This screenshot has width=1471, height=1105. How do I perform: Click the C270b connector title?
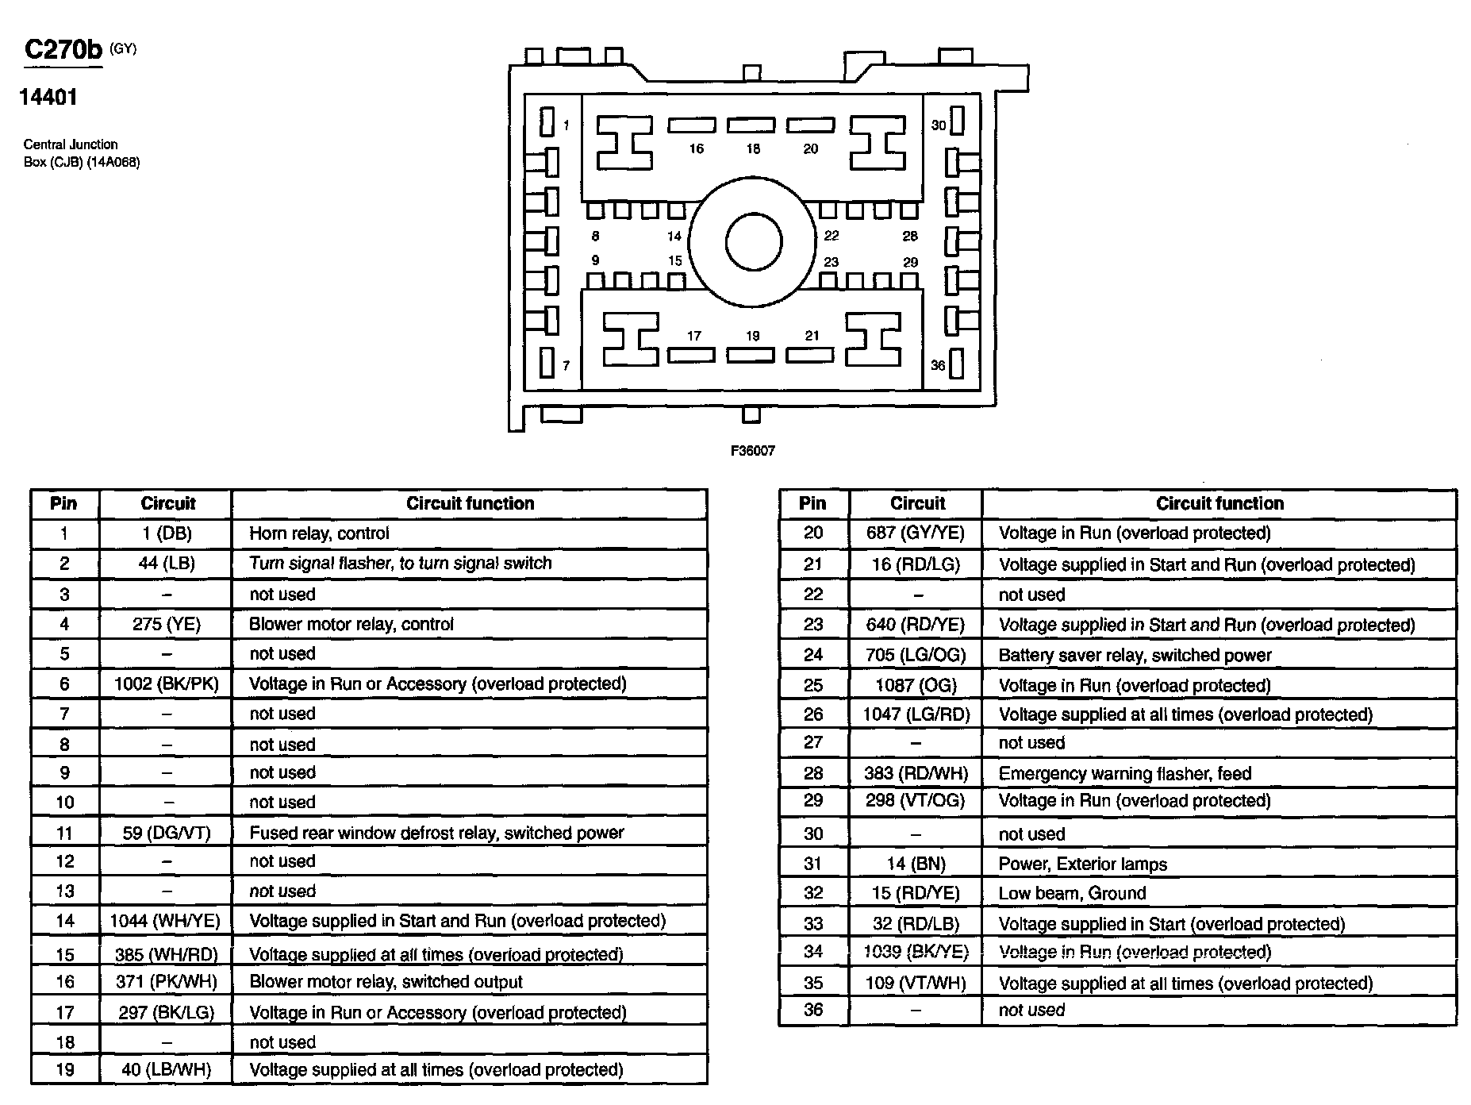click(63, 50)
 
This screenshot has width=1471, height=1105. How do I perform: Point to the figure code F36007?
click(752, 451)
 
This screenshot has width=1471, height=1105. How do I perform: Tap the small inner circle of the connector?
click(753, 242)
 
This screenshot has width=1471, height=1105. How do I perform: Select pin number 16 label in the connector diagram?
click(696, 148)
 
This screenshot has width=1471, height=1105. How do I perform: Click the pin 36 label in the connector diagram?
click(938, 365)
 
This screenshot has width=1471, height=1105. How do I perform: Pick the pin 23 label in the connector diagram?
click(831, 262)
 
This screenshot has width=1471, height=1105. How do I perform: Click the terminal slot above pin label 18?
click(751, 125)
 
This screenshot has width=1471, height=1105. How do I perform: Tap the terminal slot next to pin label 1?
click(547, 123)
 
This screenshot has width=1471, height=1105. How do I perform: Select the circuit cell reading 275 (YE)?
click(167, 625)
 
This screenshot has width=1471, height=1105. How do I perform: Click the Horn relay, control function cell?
click(319, 533)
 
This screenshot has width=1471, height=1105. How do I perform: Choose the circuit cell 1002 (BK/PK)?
click(167, 684)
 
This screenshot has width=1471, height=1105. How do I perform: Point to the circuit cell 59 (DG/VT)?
click(167, 833)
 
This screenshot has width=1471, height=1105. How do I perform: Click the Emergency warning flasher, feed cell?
click(1124, 773)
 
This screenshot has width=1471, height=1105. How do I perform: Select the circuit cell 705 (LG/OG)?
click(916, 655)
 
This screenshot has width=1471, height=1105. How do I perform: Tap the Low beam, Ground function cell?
click(1072, 893)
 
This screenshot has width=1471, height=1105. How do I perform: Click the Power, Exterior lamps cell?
click(1082, 864)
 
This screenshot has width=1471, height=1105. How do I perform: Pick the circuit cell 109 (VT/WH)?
click(916, 984)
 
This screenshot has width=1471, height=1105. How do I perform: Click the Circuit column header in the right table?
click(916, 503)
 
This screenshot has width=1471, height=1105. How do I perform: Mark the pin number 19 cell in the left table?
click(65, 1070)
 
